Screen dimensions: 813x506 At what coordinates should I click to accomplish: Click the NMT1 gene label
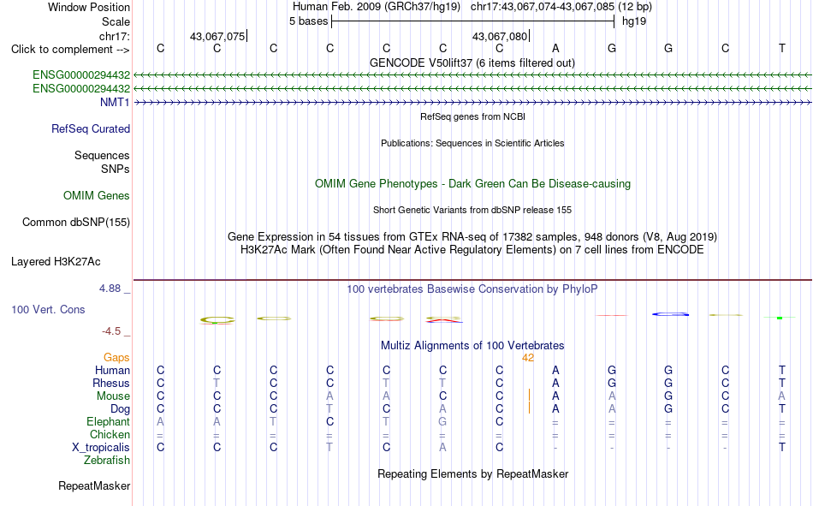[x=115, y=102]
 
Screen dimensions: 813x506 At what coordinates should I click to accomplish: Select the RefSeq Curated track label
[x=91, y=128]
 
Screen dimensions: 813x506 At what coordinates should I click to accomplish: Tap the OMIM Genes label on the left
[x=97, y=196]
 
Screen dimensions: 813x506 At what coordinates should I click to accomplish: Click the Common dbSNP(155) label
[x=76, y=222]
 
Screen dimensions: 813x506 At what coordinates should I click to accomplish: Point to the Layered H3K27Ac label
[x=56, y=262]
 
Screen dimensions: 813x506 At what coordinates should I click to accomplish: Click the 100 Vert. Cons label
[x=48, y=309]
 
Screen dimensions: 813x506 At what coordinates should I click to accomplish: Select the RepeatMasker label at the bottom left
[x=94, y=485]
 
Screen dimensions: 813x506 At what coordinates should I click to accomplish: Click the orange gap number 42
[x=528, y=358]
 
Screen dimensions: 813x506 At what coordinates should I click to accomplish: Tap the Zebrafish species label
[x=107, y=461]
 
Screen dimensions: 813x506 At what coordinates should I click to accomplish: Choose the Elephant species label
[x=109, y=421]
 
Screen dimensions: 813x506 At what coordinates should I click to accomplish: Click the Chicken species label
[x=110, y=434]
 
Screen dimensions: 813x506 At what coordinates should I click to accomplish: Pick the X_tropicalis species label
[x=101, y=448]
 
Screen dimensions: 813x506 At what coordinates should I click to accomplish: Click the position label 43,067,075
[x=217, y=36]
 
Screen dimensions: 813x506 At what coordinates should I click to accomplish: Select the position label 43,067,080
[x=500, y=36]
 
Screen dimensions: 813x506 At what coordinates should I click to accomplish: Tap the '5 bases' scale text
[x=308, y=21]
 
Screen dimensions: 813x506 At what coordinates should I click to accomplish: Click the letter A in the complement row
[x=555, y=48]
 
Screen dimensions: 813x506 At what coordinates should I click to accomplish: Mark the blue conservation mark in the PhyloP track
[x=670, y=314]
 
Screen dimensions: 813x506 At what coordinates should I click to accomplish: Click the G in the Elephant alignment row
[x=442, y=421]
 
